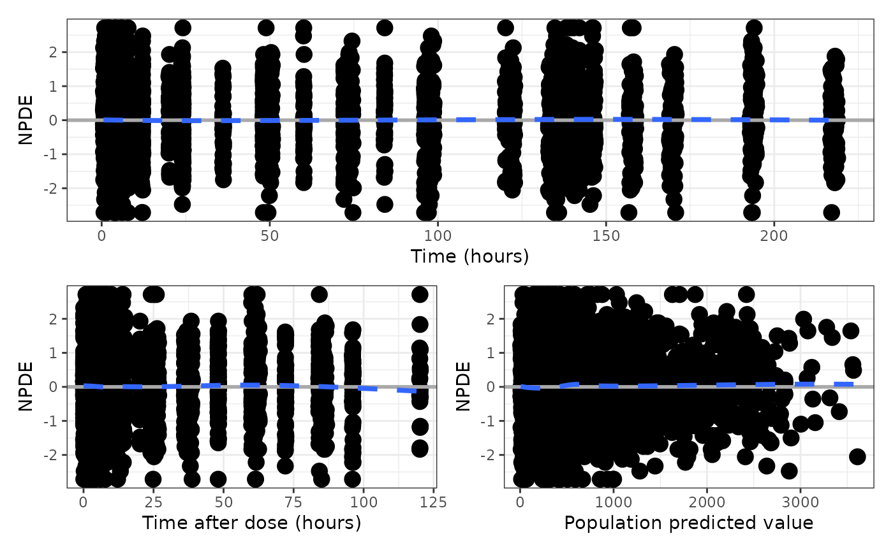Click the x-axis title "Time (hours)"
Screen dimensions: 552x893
(x=470, y=256)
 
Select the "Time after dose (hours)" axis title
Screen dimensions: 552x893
(x=251, y=523)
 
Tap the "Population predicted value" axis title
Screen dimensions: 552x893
(x=689, y=523)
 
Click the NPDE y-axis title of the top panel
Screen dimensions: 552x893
(x=26, y=120)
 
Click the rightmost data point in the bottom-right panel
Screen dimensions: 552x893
(x=857, y=456)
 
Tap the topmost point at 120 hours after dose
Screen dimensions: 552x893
(x=419, y=294)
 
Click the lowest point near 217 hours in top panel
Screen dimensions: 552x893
(x=831, y=212)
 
